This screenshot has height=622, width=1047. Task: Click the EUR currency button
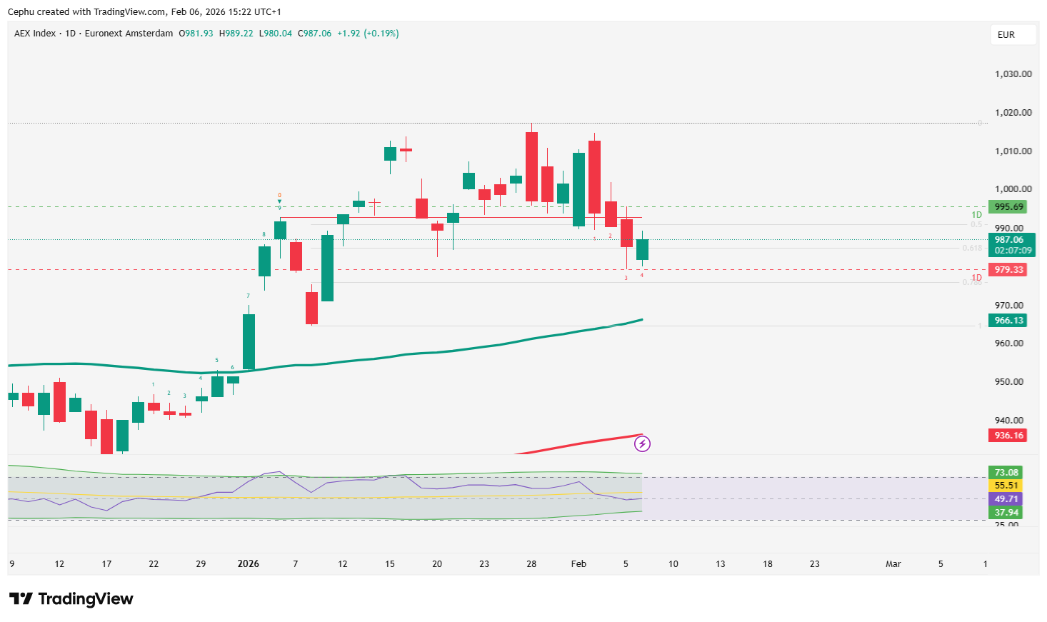(x=1006, y=34)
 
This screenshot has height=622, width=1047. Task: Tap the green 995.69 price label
(x=1008, y=207)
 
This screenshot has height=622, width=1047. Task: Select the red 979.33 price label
(x=1008, y=270)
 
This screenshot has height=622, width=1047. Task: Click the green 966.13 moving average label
(x=1008, y=321)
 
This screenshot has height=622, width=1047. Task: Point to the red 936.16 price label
(x=1008, y=436)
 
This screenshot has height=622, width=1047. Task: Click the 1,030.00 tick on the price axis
(x=1013, y=74)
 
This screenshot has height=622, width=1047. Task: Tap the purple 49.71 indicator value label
(x=1006, y=499)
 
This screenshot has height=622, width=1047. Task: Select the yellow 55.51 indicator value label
(x=1006, y=486)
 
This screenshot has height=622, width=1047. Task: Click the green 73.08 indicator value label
(x=1006, y=473)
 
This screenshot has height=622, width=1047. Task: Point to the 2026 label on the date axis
(x=248, y=564)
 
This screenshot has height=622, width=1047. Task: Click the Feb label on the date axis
(x=578, y=564)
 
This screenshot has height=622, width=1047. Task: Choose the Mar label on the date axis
(x=893, y=564)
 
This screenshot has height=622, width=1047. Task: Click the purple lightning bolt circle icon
(x=642, y=444)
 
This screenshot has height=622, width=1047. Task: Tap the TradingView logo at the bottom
(x=71, y=598)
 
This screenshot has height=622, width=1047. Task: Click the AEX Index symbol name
(x=35, y=34)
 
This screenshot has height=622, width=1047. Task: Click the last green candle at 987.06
(x=642, y=249)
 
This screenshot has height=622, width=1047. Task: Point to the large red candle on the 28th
(x=531, y=166)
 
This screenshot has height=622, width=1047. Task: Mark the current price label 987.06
(x=1011, y=240)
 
